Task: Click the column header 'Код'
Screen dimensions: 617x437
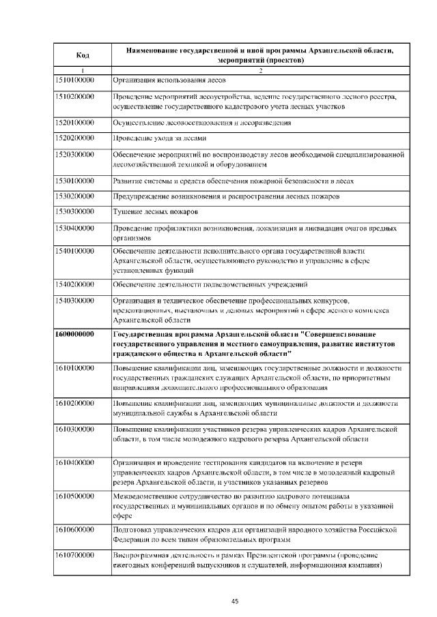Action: [x=82, y=55]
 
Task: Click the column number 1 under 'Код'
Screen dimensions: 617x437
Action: [x=82, y=71]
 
